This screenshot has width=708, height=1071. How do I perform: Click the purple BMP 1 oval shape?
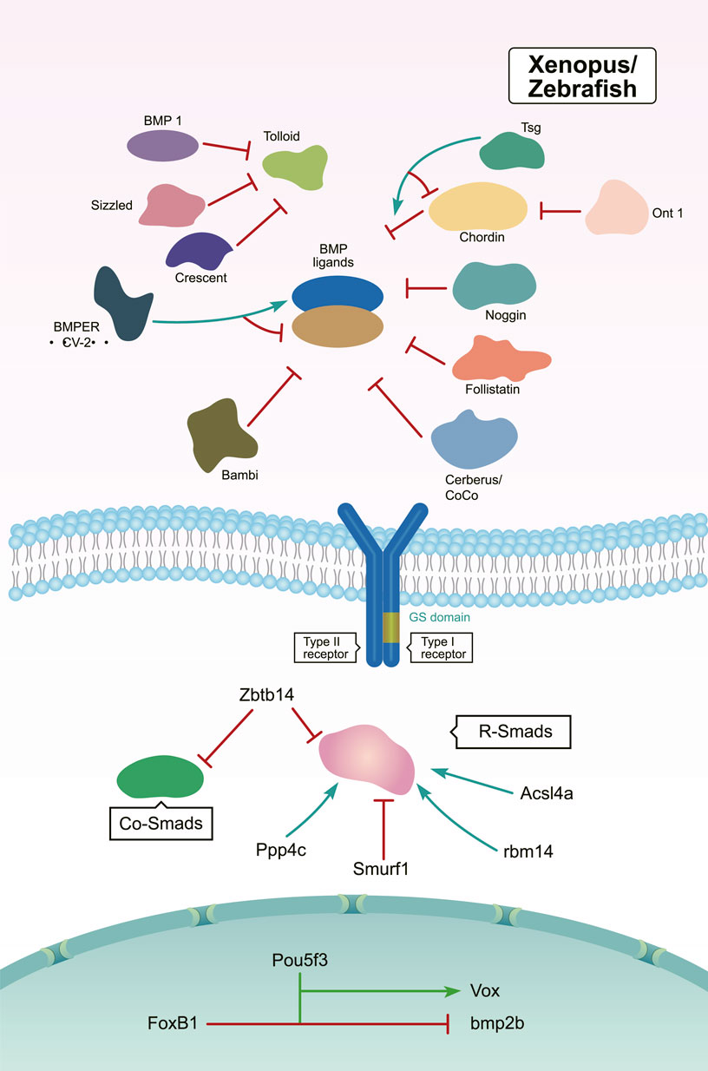[x=163, y=145]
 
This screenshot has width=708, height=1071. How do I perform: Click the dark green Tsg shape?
[x=513, y=149]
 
